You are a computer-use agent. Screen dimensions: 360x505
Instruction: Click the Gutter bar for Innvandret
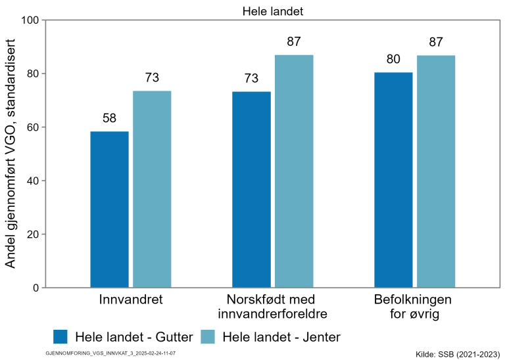[x=109, y=209]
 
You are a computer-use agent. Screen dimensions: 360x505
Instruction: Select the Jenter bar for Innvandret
[x=152, y=189]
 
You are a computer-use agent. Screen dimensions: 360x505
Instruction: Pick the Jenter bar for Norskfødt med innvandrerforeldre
[x=294, y=171]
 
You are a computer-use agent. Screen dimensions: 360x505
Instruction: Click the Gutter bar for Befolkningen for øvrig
[x=393, y=179]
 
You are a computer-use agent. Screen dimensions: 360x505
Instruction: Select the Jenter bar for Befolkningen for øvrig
[x=436, y=171]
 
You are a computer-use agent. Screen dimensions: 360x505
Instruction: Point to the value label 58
[x=109, y=119]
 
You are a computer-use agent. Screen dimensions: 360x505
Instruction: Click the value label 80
[x=393, y=60]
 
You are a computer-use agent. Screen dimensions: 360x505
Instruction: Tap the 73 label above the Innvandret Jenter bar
[x=152, y=78]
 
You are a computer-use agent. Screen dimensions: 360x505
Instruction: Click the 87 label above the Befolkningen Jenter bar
[x=436, y=42]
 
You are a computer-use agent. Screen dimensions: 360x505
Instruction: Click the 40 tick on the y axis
[x=32, y=181]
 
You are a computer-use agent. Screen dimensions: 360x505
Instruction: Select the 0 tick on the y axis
[x=36, y=288]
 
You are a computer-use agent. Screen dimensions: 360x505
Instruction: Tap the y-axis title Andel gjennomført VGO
[x=11, y=154]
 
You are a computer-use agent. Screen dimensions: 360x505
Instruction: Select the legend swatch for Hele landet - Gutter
[x=60, y=337]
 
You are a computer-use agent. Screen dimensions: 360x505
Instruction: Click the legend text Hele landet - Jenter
[x=281, y=337]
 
